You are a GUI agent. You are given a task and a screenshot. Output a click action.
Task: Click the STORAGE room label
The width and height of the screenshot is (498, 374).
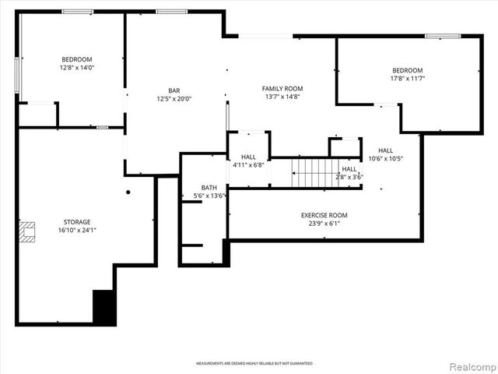(x=77, y=222)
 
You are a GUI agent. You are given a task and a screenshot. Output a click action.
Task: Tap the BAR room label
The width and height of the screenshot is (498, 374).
(x=174, y=90)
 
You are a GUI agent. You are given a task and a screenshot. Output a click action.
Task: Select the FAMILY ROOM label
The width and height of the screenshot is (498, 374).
(x=282, y=89)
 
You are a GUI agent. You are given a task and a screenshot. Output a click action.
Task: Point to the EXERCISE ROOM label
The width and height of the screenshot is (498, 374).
(x=324, y=215)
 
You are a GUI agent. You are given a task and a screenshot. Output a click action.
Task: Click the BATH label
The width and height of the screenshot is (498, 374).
(x=209, y=188)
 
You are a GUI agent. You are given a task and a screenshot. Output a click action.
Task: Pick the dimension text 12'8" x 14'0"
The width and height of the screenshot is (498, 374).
(x=77, y=68)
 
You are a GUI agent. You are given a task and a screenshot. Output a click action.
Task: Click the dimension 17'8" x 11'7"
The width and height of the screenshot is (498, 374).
(x=407, y=78)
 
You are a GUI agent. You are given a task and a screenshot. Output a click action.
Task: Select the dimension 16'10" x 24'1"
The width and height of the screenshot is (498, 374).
(x=77, y=230)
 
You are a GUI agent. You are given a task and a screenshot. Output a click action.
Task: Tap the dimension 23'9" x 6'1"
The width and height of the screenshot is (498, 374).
(x=324, y=224)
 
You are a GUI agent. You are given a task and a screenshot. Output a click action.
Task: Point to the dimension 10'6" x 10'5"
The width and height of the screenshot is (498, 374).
(x=385, y=159)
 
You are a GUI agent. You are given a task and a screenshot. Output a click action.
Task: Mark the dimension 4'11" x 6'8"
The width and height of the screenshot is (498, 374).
(x=248, y=165)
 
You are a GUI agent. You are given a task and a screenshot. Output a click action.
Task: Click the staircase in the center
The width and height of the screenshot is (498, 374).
(x=316, y=171)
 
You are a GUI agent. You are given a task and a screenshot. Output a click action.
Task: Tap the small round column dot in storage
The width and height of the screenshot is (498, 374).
(x=128, y=192)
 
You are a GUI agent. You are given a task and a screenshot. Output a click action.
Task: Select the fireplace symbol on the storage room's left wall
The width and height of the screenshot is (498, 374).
(x=28, y=231)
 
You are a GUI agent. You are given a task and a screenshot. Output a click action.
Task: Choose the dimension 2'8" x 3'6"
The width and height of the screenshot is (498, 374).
(x=349, y=177)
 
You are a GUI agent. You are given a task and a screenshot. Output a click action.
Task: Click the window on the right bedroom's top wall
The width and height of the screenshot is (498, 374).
(x=442, y=36)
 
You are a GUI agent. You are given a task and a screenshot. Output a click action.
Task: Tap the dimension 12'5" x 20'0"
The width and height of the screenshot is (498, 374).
(x=174, y=99)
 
